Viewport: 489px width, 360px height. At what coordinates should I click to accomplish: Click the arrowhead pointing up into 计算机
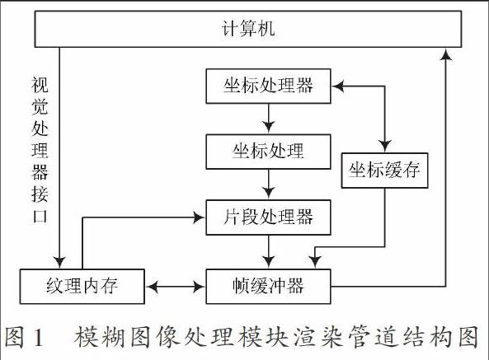[x=447, y=54]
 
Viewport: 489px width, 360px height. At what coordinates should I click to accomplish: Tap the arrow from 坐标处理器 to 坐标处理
[x=269, y=119]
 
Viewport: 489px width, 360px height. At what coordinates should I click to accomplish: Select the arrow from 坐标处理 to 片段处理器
[x=269, y=185]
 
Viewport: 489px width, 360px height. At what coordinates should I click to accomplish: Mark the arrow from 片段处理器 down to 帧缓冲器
[x=269, y=251]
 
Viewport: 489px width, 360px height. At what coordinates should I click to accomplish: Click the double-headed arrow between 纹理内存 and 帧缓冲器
[x=176, y=286]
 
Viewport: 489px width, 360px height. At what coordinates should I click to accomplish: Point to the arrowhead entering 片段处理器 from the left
[x=199, y=217]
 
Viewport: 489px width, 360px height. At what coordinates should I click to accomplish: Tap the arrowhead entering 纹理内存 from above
[x=59, y=263]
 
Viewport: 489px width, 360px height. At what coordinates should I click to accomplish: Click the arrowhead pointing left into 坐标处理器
[x=338, y=86]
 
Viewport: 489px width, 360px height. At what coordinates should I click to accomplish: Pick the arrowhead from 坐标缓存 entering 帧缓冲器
[x=315, y=262]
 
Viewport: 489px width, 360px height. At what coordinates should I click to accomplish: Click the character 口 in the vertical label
[x=40, y=216]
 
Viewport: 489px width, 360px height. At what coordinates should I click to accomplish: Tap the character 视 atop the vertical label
[x=40, y=85]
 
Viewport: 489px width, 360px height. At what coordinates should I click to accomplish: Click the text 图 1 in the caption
[x=24, y=337]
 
